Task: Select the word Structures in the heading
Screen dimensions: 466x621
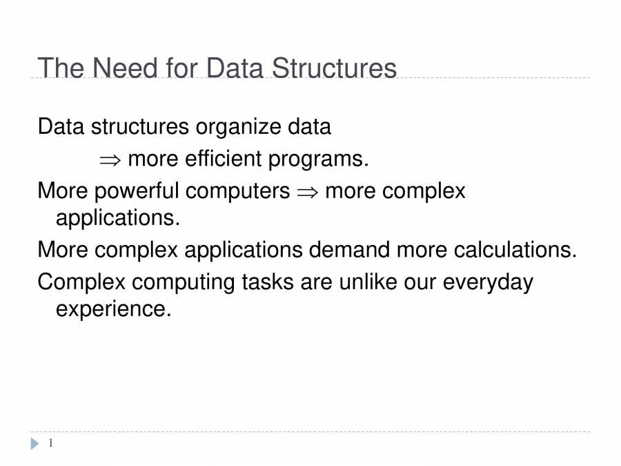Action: [x=334, y=68]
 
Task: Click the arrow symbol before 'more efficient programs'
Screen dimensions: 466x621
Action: [x=110, y=160]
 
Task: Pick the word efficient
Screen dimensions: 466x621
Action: [x=224, y=159]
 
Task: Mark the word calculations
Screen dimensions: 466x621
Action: [x=515, y=249]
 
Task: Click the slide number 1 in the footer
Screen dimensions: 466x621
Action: [x=50, y=443]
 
